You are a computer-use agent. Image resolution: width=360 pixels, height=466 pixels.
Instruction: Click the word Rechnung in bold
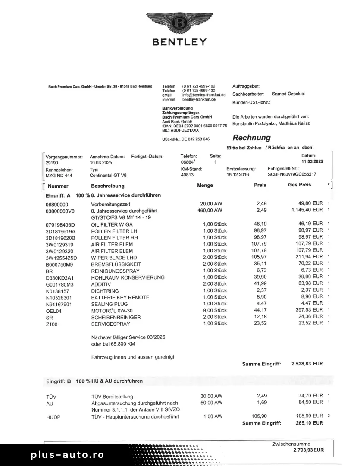(252, 138)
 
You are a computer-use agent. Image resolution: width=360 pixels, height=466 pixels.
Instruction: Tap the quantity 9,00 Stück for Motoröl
(215, 310)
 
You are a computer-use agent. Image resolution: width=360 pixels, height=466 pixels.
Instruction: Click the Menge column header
(205, 186)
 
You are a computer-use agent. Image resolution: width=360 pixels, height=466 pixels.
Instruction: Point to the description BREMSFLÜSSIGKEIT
(116, 264)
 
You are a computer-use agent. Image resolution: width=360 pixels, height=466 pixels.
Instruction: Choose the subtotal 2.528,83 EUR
(307, 364)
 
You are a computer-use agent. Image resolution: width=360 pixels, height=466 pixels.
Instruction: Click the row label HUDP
(53, 417)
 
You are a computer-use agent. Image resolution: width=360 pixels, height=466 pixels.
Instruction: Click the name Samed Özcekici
(288, 94)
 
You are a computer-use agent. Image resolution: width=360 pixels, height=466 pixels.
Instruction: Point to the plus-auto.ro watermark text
(67, 455)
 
